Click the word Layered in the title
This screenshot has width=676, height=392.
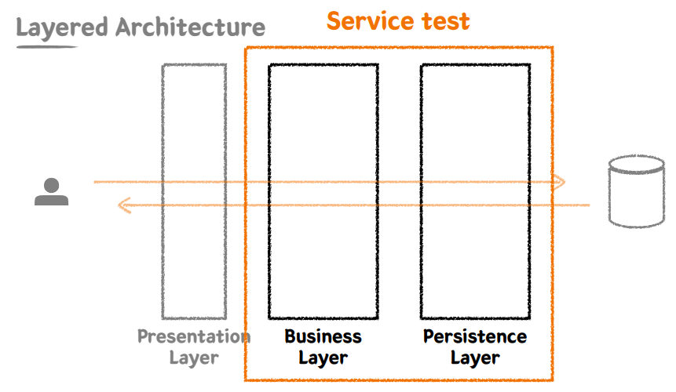click(x=62, y=29)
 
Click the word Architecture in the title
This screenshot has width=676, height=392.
click(x=190, y=28)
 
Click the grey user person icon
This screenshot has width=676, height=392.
click(x=51, y=192)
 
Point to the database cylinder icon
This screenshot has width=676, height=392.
click(x=638, y=192)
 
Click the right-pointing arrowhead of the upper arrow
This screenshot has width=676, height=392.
click(x=558, y=183)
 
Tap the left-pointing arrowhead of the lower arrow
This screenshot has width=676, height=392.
click(x=124, y=205)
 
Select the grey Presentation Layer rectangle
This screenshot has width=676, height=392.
click(x=194, y=191)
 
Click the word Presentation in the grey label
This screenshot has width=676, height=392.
click(x=194, y=337)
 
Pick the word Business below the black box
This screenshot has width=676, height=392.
click(x=323, y=337)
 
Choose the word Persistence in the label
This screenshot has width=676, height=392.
click(x=475, y=337)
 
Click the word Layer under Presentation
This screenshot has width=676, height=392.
click(x=194, y=358)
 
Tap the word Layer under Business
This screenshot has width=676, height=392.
click(x=323, y=358)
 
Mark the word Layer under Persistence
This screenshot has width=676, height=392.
click(x=475, y=358)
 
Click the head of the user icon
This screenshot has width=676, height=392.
click(x=51, y=185)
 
